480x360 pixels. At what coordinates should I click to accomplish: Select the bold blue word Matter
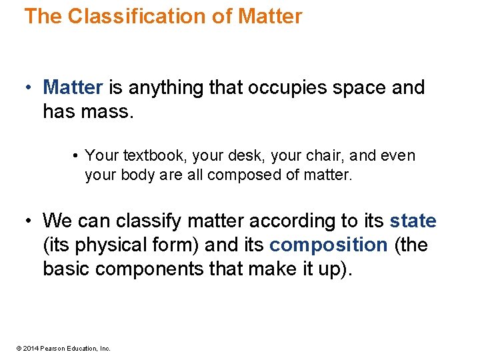tap(73, 87)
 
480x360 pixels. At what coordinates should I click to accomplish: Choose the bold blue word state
tap(413, 221)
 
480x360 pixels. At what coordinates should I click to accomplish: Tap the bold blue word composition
tap(328, 245)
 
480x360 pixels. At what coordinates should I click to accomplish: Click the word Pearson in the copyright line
tap(52, 348)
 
